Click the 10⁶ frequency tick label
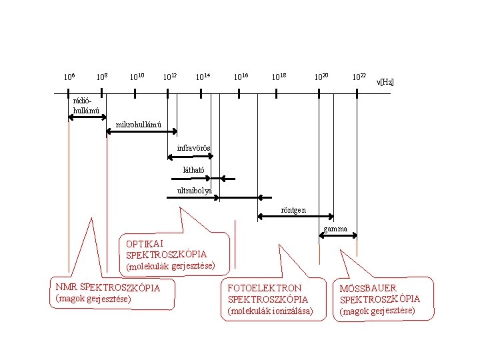pyautogui.click(x=69, y=78)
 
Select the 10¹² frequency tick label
pyautogui.click(x=170, y=78)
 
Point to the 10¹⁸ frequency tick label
pyautogui.click(x=279, y=78)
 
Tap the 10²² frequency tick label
pyautogui.click(x=359, y=78)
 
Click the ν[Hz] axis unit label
pyautogui.click(x=385, y=82)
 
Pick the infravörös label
pyautogui.click(x=194, y=147)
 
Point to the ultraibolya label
pyautogui.click(x=195, y=191)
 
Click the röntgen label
pyautogui.click(x=293, y=210)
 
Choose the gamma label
pyautogui.click(x=335, y=229)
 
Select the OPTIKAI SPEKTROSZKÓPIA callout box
pyautogui.click(x=172, y=254)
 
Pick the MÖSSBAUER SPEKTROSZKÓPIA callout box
pyautogui.click(x=379, y=299)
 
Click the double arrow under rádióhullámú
pyautogui.click(x=87, y=117)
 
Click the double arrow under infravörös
pyautogui.click(x=191, y=157)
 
